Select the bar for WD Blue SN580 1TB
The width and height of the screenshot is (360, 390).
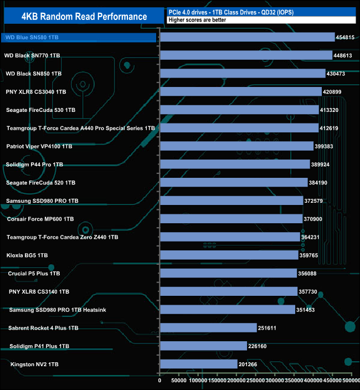click(247, 37)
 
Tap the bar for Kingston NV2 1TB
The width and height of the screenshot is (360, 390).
click(198, 364)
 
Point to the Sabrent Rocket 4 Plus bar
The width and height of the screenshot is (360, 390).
click(208, 328)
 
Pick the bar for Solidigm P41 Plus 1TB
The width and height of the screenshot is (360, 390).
click(203, 346)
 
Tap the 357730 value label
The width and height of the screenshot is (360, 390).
click(311, 291)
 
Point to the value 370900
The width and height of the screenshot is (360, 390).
click(316, 219)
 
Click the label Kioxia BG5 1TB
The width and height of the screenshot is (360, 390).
click(27, 255)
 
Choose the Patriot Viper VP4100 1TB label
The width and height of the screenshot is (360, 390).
click(39, 146)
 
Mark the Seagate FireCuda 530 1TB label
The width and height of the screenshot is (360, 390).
click(40, 110)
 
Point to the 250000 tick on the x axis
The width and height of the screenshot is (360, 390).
click(256, 381)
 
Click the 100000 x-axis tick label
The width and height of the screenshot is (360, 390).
click(198, 381)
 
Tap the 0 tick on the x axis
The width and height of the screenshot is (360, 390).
click(160, 381)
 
